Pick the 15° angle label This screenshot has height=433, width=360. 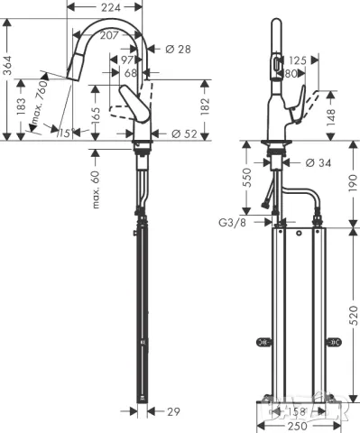[x=64, y=134]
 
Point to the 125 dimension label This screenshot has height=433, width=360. [x=296, y=60]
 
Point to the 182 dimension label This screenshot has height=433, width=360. [x=206, y=108]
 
